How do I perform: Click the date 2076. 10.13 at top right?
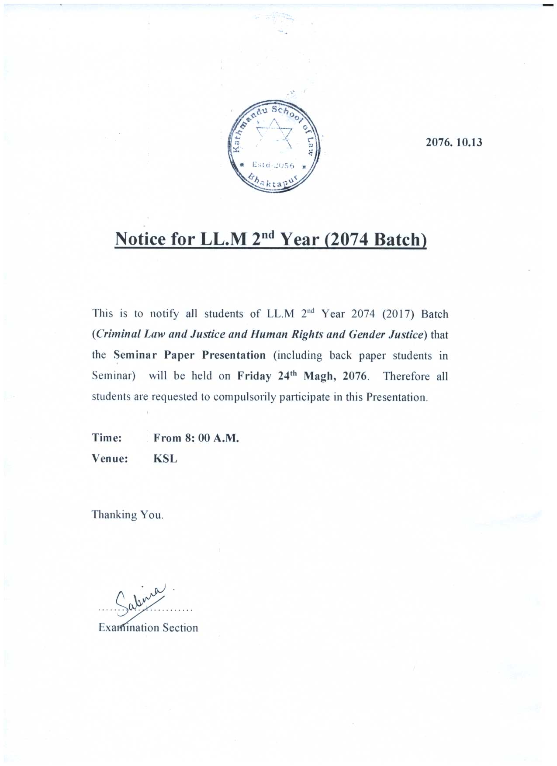[x=454, y=142]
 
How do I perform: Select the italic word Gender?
[x=367, y=335]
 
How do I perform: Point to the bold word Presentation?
[x=234, y=355]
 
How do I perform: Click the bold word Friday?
[x=254, y=376]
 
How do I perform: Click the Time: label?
[x=107, y=438]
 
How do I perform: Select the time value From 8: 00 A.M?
[x=196, y=438]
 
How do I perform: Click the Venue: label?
[x=110, y=459]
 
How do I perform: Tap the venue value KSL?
[x=165, y=459]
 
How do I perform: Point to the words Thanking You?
[x=127, y=514]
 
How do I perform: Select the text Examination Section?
[x=148, y=628]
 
